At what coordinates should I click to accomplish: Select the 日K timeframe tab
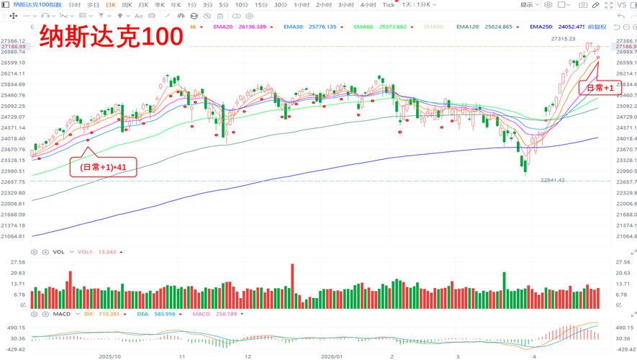(x=110, y=5)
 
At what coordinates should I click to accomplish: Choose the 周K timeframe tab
(x=127, y=5)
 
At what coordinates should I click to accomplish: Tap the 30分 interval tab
(x=280, y=5)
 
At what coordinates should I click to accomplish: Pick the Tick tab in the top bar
(x=388, y=5)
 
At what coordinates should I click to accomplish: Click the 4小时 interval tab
(x=368, y=5)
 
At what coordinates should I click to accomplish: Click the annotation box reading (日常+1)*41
(x=102, y=167)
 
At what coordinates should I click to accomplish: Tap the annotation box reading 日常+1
(x=600, y=88)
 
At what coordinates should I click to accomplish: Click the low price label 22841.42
(x=553, y=180)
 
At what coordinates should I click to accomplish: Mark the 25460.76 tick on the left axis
(x=13, y=95)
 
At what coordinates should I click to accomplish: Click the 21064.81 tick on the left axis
(x=13, y=236)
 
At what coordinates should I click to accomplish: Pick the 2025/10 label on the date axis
(x=109, y=356)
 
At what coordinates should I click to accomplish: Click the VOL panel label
(x=59, y=252)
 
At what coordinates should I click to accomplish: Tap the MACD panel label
(x=62, y=314)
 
